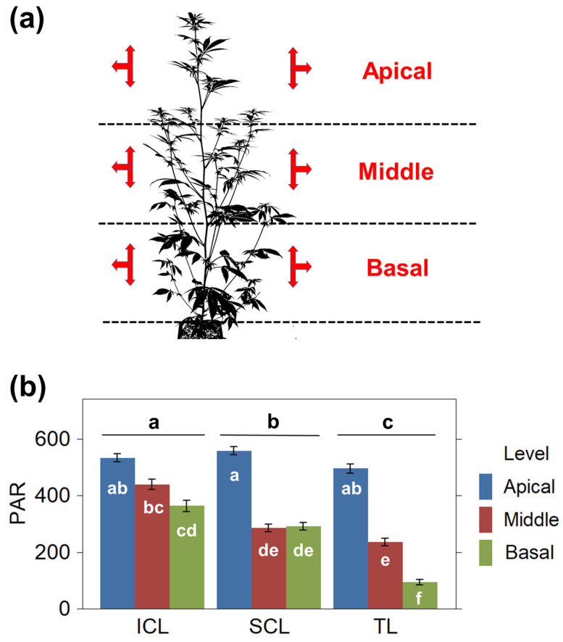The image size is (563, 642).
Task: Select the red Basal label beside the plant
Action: click(x=397, y=267)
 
